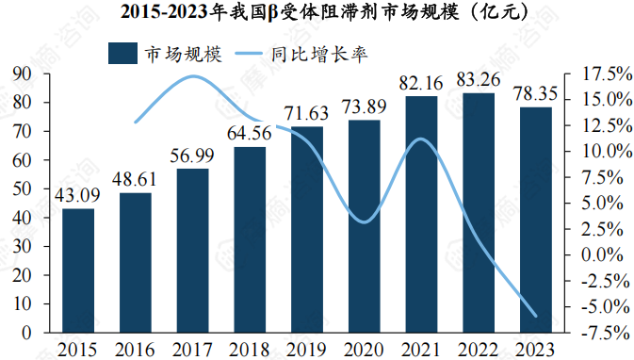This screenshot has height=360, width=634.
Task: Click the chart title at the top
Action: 317,12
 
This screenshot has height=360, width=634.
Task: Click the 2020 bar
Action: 364,226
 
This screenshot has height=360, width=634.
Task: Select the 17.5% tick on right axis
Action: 597,74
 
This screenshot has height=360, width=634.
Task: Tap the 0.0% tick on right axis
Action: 597,254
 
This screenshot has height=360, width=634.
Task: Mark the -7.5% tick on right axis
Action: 597,333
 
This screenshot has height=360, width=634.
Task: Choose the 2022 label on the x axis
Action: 479,349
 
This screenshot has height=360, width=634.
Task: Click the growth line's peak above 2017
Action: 191,77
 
